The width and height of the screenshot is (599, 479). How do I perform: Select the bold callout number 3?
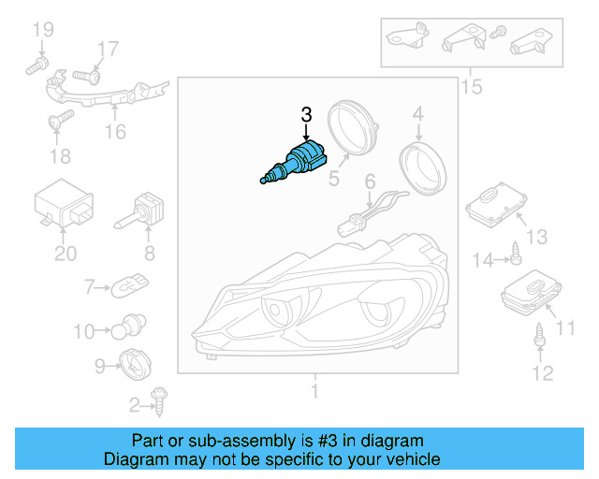306,115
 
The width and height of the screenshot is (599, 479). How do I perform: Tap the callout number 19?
43,30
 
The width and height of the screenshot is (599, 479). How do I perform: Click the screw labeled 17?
87,77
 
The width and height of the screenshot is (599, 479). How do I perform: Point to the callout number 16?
115,132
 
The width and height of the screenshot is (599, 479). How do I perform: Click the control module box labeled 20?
64,204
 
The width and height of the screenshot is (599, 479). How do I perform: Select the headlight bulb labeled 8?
139,211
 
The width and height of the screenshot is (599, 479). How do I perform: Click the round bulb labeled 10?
128,327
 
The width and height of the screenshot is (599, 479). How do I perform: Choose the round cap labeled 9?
135,364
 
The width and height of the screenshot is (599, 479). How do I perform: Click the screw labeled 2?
159,402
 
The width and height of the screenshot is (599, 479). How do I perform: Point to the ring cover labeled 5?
352,128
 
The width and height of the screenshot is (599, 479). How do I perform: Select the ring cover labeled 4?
422,168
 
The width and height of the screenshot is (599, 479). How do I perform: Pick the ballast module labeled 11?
532,292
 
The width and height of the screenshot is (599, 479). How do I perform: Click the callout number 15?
472,87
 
